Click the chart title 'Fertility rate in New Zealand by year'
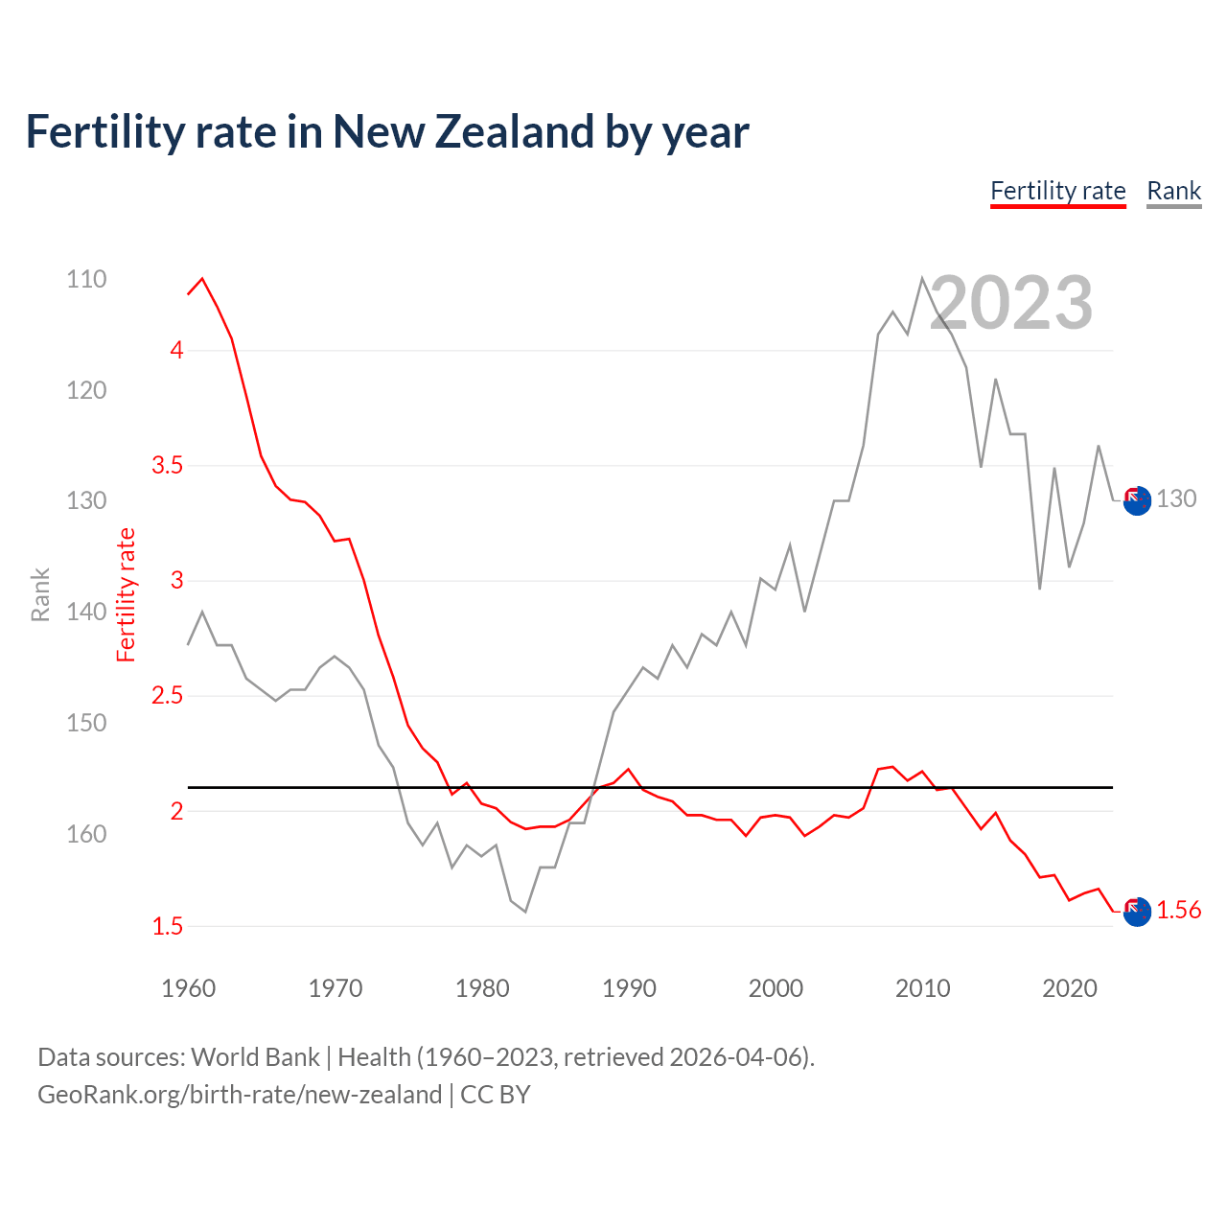point(386,132)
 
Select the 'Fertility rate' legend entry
point(1057,191)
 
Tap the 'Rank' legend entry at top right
point(1173,191)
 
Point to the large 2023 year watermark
point(1010,303)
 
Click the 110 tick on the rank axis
point(86,279)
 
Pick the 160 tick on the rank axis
point(86,834)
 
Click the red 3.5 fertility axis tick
point(167,466)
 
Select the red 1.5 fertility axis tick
point(167,926)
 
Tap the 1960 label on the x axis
point(188,988)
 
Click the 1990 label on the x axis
point(629,988)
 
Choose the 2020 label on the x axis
point(1069,988)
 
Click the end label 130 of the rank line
point(1176,498)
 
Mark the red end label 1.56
point(1178,910)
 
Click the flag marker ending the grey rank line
point(1137,500)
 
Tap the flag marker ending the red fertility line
point(1137,912)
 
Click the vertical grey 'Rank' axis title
point(40,594)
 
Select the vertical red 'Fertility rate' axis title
point(126,594)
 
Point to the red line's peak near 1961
point(202,279)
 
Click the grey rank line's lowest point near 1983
point(525,911)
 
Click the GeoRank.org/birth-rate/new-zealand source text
point(240,1095)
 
